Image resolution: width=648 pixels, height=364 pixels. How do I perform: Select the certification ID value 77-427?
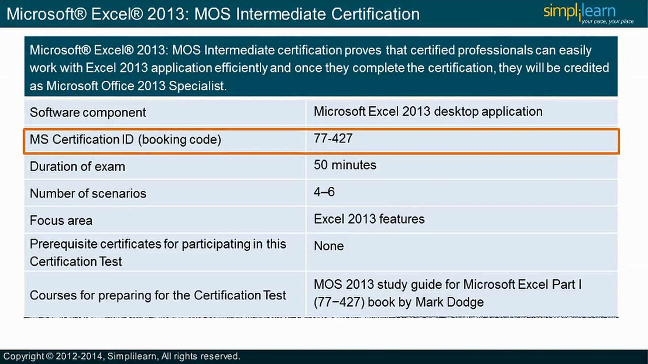(333, 139)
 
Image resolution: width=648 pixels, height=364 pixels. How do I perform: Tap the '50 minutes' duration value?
(345, 165)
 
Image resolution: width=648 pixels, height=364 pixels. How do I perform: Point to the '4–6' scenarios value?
(324, 192)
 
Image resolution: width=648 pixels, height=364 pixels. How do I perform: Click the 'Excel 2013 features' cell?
(369, 219)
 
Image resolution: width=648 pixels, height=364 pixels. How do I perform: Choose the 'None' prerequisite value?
(329, 246)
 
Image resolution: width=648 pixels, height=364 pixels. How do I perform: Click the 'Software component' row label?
(88, 113)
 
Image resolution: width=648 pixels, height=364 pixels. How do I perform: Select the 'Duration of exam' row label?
(77, 166)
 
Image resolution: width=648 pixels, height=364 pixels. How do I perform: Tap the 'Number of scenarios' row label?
(88, 193)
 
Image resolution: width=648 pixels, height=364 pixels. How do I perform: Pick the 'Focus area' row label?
(61, 220)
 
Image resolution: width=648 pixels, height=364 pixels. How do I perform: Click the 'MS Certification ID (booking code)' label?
(125, 140)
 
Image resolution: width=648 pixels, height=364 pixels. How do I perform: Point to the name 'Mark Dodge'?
(449, 302)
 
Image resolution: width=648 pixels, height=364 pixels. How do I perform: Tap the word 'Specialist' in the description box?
(197, 86)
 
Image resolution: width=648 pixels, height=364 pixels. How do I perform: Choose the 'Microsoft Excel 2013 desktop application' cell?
(428, 112)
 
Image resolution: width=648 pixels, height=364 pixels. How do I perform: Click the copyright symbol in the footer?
(50, 356)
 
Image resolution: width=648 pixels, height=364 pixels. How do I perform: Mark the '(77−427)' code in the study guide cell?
(339, 302)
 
